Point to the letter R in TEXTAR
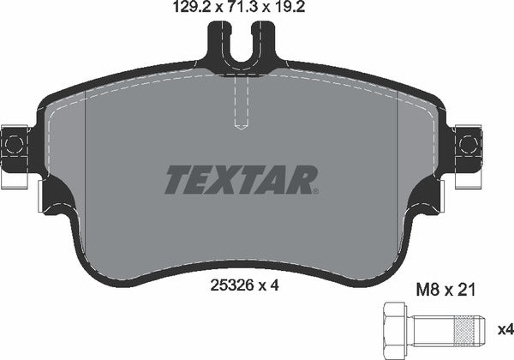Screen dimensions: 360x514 coord(303,179)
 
